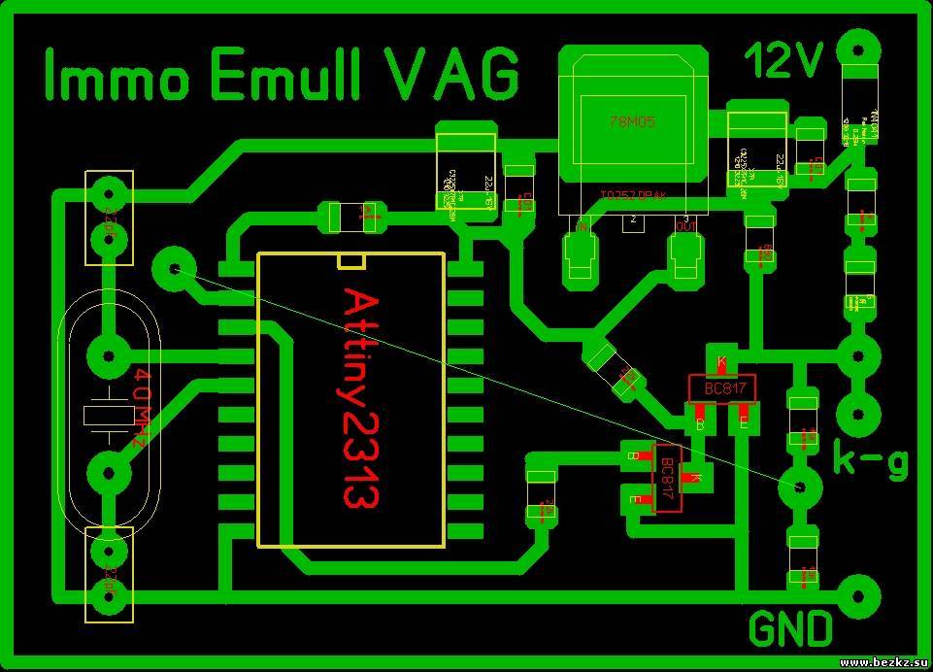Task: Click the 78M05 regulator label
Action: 632,122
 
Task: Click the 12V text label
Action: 783,61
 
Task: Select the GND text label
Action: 790,628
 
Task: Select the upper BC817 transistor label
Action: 720,389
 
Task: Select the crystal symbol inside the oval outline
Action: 107,415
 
